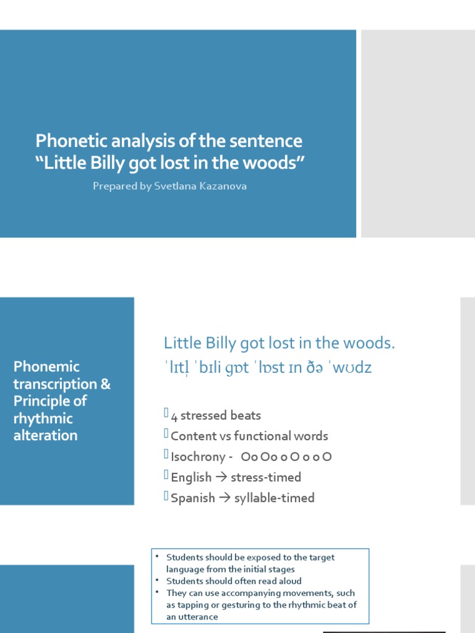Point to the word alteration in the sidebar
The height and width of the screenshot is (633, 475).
[x=46, y=435]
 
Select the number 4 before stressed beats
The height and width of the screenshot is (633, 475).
[x=174, y=416]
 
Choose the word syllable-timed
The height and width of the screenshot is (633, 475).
[x=275, y=498]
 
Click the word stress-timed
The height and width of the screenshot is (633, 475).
[x=266, y=477]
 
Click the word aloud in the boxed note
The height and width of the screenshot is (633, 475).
[x=288, y=581]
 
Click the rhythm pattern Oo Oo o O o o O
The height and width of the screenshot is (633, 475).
[x=288, y=457]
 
